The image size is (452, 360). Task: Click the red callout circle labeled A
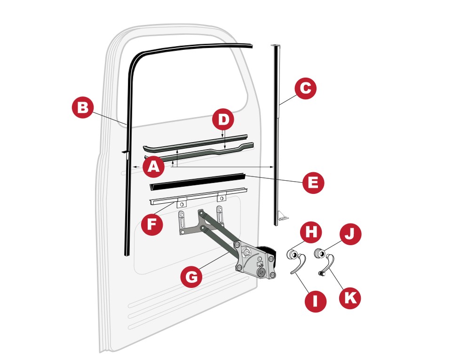coord(154,167)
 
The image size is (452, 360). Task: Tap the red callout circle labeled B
coord(83,108)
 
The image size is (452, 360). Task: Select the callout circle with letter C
coord(306,88)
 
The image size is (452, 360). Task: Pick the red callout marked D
coord(223,119)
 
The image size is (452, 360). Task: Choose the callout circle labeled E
coord(313,183)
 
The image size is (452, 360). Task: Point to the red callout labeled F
coord(152,224)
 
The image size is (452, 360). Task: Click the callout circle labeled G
coord(191,277)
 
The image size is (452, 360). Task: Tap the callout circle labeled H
coord(311,232)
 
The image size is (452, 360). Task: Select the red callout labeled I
coord(315,302)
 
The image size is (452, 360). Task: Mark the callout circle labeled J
coord(350,234)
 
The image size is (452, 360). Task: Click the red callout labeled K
coord(349,298)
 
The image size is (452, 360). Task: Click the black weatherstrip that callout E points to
coord(197,182)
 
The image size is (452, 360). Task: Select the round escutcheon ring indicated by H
coord(292,255)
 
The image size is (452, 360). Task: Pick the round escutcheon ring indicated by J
coord(319,253)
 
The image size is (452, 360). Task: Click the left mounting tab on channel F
coord(182,203)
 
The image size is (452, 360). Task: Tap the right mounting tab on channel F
coord(222,197)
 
